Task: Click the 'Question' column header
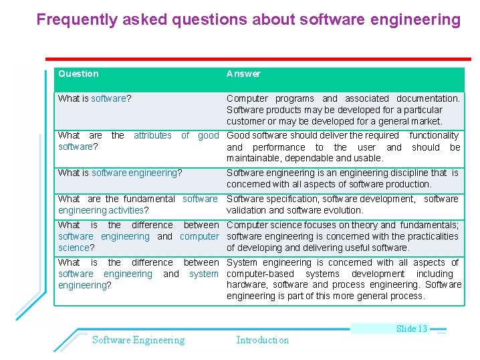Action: [78, 74]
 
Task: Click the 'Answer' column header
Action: [243, 74]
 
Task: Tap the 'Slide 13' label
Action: [411, 329]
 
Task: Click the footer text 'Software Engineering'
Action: [138, 340]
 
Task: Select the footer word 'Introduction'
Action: [263, 340]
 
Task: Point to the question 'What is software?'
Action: [94, 98]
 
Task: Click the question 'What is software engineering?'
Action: [120, 173]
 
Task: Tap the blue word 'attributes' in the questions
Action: [152, 135]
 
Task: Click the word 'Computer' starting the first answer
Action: [247, 98]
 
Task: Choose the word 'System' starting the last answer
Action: [242, 262]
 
